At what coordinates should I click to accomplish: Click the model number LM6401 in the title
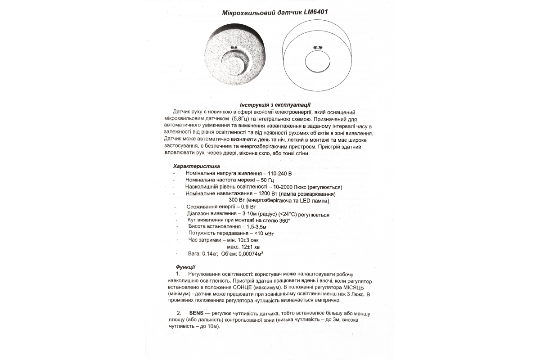coord(313,13)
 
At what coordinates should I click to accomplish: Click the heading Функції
coord(185,266)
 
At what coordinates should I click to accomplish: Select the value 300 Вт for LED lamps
coord(236,200)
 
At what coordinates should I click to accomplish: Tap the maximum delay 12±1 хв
coord(249,247)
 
